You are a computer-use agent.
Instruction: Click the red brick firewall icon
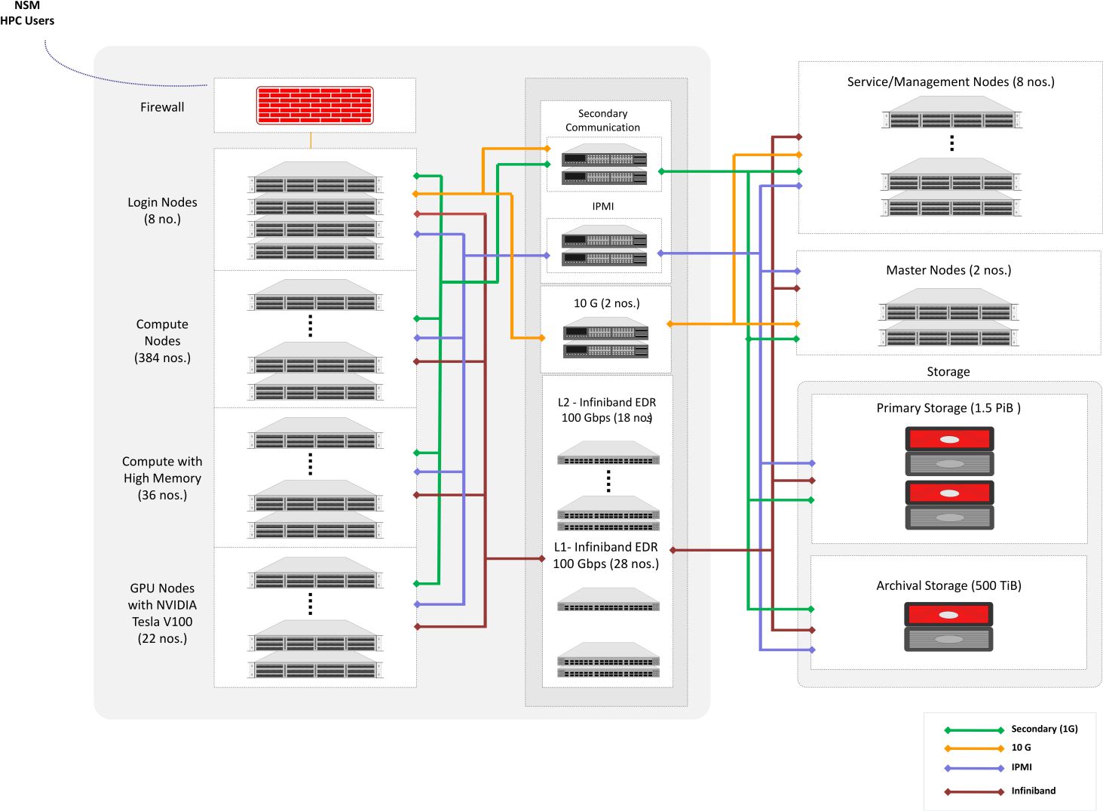314,106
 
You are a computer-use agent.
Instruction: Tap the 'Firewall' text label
162,107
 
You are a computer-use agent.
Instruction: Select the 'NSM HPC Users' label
27,14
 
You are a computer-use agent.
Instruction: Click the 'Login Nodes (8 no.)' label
162,210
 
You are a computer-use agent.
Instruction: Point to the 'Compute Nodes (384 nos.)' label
162,340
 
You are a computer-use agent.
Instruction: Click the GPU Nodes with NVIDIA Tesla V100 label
162,613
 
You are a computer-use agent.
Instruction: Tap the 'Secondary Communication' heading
602,120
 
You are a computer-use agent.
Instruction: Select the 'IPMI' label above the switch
602,206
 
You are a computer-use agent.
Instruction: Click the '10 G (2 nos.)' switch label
606,303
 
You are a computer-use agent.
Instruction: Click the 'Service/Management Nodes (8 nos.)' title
950,81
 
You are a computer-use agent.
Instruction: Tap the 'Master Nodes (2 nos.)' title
948,270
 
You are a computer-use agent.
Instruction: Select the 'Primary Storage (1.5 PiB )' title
948,408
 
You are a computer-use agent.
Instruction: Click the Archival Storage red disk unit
948,614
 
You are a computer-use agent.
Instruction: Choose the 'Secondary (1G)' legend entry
1043,729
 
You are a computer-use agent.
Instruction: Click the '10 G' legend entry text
1021,748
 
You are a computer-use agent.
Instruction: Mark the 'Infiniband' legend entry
1033,791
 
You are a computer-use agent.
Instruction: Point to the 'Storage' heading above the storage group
948,372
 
